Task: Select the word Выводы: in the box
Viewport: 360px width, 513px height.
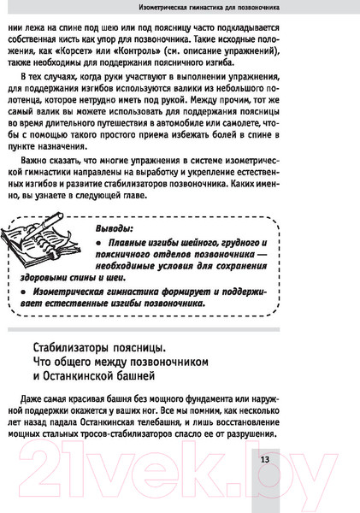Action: (111, 228)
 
